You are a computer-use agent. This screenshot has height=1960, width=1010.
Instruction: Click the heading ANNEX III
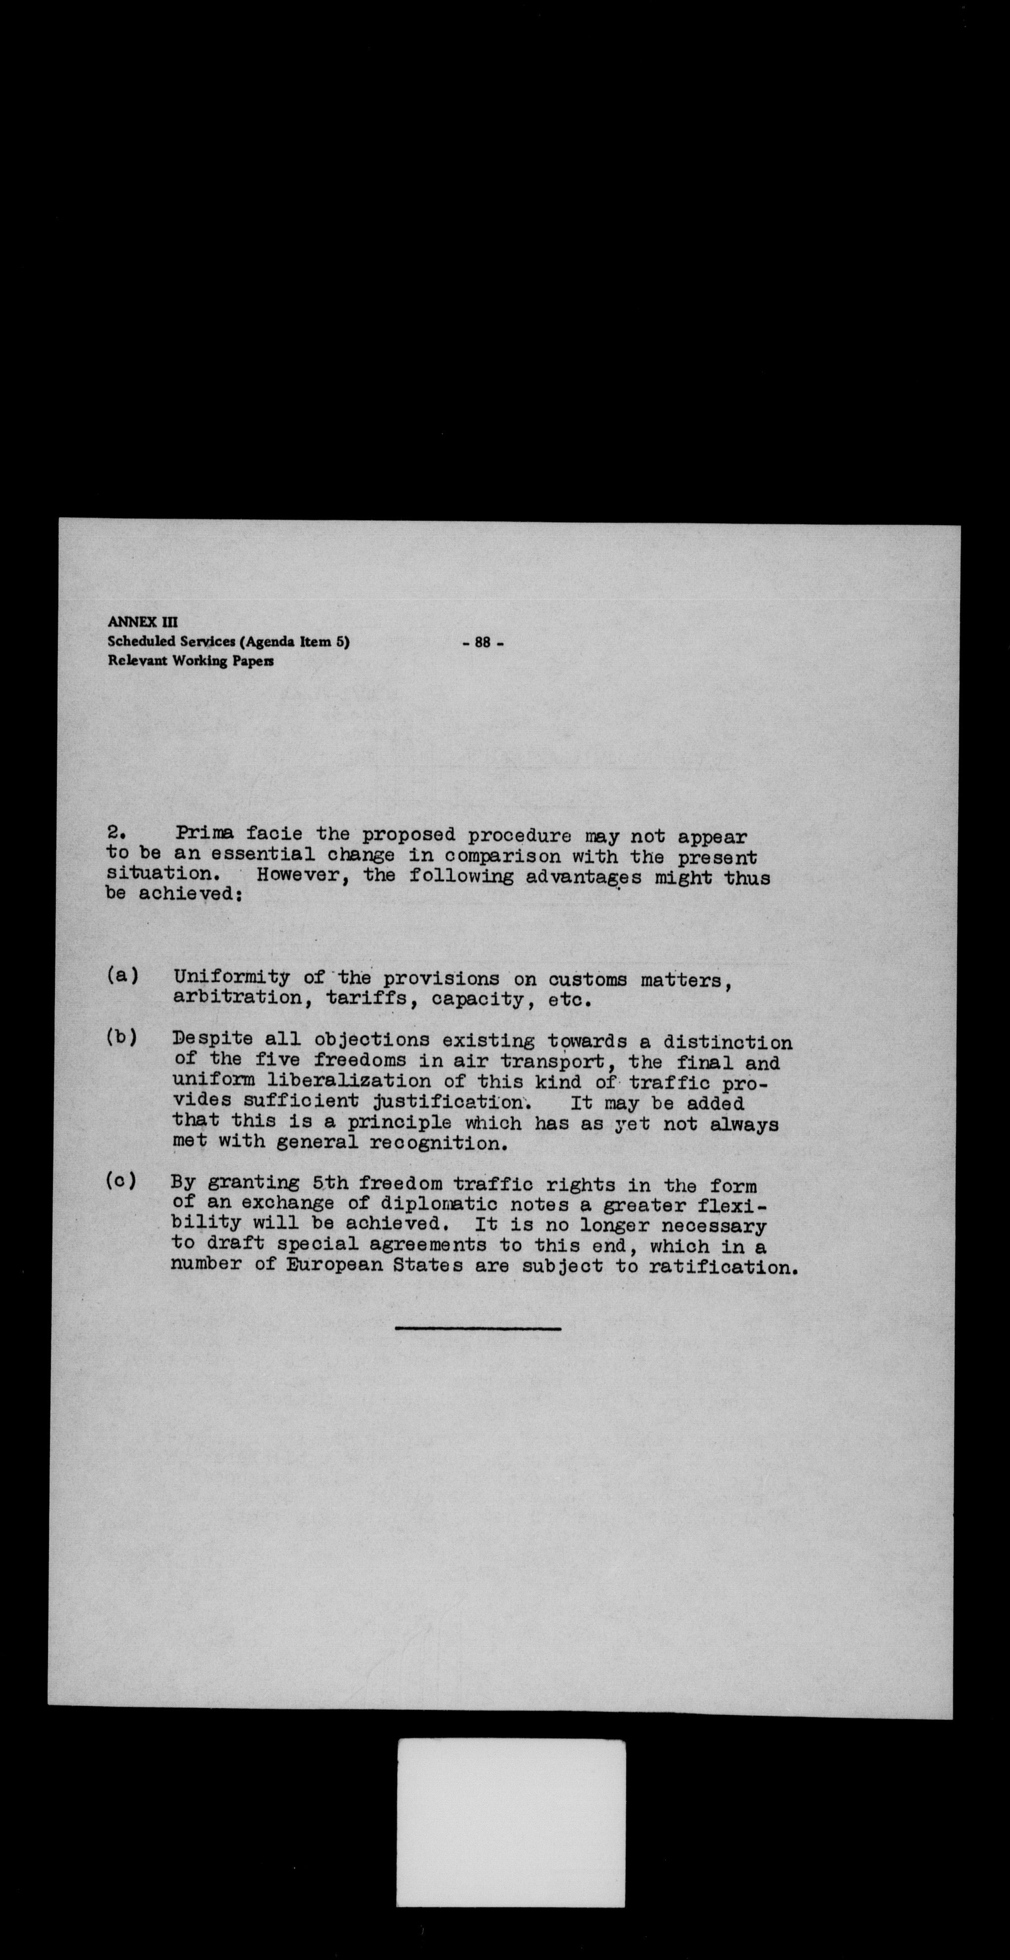tap(143, 622)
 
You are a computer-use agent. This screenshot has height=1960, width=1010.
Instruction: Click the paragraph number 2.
tap(116, 836)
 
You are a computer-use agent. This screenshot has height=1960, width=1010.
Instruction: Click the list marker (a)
tap(122, 976)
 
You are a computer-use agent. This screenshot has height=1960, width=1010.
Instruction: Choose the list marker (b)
tap(122, 1038)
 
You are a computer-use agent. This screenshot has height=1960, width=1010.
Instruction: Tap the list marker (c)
tap(122, 1182)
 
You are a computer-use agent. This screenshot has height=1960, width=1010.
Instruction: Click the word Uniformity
tap(231, 979)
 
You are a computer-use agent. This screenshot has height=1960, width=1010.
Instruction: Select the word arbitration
tap(238, 998)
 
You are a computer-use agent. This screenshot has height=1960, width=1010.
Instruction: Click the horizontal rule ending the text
tap(478, 1329)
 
